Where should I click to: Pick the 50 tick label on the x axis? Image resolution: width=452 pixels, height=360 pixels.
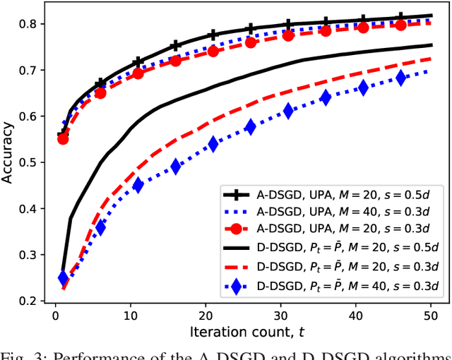(x=429, y=315)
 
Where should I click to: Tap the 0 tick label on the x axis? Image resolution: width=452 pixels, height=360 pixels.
(x=55, y=315)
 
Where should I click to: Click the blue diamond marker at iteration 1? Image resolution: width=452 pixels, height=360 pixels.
(x=63, y=278)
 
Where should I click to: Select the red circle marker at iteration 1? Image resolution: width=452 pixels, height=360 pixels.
(x=63, y=139)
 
